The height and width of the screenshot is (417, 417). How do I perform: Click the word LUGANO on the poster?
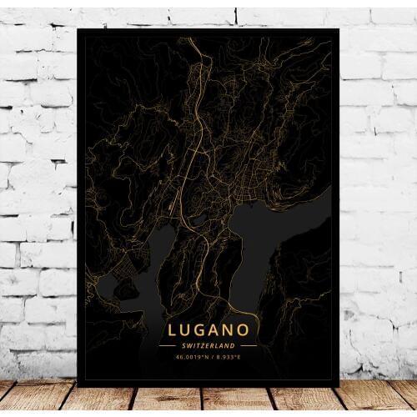pos(208,330)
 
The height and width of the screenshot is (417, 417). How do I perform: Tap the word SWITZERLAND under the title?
pos(208,345)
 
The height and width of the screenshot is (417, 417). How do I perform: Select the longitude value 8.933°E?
pos(227,355)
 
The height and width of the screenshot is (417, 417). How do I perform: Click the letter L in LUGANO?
pos(173,330)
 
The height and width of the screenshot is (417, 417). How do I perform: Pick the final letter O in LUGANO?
pos(245,330)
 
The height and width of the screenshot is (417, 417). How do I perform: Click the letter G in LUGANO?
pos(201,330)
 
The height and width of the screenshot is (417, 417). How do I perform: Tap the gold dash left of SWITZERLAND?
pos(168,345)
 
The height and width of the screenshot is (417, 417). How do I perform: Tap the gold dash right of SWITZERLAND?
pos(249,345)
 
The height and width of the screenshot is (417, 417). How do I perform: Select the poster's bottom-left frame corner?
pos(78,386)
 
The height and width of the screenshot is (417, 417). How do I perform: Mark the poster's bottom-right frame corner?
pos(339,386)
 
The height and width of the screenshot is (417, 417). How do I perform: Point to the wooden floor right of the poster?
pos(379,399)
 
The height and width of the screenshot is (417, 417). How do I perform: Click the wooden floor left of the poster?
pos(38,399)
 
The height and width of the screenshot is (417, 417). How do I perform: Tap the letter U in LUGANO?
pos(186,330)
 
